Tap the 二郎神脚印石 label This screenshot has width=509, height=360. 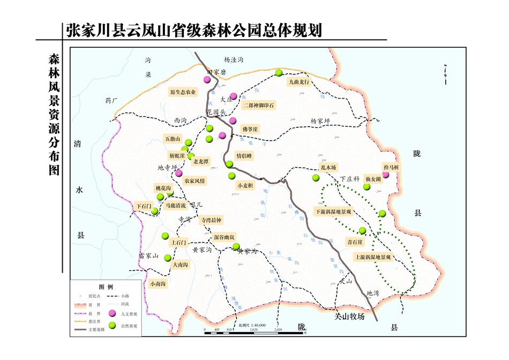258,105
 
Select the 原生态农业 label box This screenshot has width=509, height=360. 182,92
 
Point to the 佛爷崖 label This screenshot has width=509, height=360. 250,129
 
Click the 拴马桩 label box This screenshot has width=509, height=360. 391,168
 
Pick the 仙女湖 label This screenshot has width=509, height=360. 372,178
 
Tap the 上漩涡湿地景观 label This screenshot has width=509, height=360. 373,257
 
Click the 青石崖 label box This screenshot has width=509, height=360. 355,242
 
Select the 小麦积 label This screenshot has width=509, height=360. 245,185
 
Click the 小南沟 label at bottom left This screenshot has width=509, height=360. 158,284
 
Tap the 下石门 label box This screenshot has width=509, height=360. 143,206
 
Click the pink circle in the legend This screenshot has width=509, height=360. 113,313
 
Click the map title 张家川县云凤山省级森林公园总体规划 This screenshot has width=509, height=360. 194,29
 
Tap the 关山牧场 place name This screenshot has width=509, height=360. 349,317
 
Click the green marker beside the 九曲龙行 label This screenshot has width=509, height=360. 279,73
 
